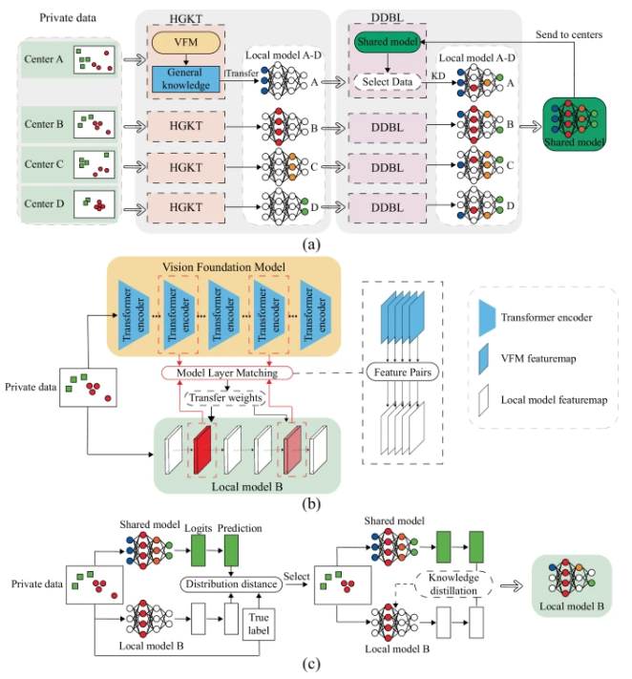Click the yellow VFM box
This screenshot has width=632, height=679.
click(x=186, y=42)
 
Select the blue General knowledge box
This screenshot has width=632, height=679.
click(x=186, y=79)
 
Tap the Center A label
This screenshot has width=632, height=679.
click(x=43, y=59)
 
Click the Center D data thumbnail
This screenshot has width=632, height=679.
click(x=94, y=204)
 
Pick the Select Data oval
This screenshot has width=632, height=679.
click(x=388, y=82)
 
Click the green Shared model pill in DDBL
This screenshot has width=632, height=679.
click(x=388, y=42)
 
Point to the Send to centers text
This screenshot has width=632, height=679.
click(x=569, y=34)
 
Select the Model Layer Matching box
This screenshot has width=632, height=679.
click(x=227, y=372)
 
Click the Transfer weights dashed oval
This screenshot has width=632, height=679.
click(x=225, y=398)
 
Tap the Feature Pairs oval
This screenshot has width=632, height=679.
click(x=403, y=372)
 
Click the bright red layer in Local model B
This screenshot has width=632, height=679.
click(x=202, y=451)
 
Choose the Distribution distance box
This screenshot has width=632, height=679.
click(x=231, y=584)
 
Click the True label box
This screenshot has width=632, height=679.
click(x=259, y=624)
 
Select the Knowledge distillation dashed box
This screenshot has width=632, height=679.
click(x=453, y=584)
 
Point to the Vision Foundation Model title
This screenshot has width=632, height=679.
click(x=223, y=266)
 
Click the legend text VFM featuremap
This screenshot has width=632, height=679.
click(x=538, y=358)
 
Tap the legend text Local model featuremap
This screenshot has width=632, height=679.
click(x=554, y=400)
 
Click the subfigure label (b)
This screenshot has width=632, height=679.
click(x=311, y=503)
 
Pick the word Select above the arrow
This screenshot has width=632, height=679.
click(x=297, y=577)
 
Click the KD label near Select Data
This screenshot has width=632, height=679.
click(x=438, y=75)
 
